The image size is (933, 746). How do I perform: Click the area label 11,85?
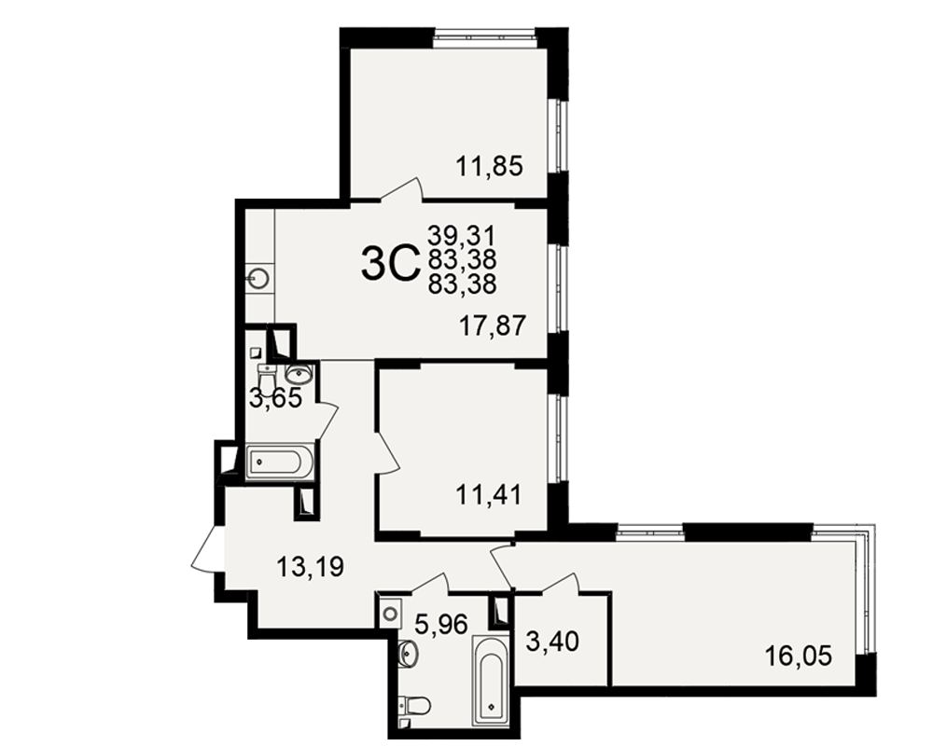tap(489, 166)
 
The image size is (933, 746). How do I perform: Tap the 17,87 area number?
tap(493, 325)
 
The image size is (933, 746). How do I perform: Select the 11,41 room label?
tap(489, 494)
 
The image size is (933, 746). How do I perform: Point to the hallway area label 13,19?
tap(310, 566)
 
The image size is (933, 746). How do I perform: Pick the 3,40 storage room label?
tap(552, 642)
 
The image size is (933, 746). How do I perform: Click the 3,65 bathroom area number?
tap(275, 397)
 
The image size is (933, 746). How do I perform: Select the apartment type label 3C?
tap(390, 264)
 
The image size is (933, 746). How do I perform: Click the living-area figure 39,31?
tap(462, 236)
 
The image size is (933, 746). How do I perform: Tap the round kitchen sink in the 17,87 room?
tap(260, 277)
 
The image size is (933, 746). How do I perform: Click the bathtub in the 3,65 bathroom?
tap(280, 461)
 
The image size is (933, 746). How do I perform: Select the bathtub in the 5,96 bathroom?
tap(491, 681)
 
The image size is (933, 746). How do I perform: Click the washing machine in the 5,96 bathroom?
tap(391, 612)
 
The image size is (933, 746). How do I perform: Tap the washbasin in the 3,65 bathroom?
tap(300, 374)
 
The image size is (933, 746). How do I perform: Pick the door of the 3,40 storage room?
tap(561, 583)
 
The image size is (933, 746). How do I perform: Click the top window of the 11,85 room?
tap(484, 38)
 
